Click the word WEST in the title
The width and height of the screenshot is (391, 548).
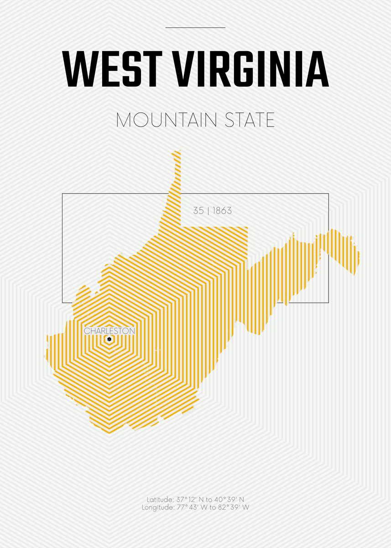click(112, 69)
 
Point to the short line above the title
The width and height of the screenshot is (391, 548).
click(195, 27)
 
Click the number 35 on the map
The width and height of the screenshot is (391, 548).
click(198, 211)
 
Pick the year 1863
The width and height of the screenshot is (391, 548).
click(222, 211)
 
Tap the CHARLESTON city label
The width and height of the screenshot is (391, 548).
click(109, 331)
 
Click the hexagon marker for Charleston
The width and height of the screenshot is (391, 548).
click(109, 339)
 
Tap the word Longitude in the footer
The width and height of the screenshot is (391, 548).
click(157, 507)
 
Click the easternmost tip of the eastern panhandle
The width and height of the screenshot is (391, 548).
click(359, 256)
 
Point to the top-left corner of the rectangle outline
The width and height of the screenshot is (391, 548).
click(63, 194)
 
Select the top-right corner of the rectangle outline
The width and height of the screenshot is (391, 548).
click(328, 194)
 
